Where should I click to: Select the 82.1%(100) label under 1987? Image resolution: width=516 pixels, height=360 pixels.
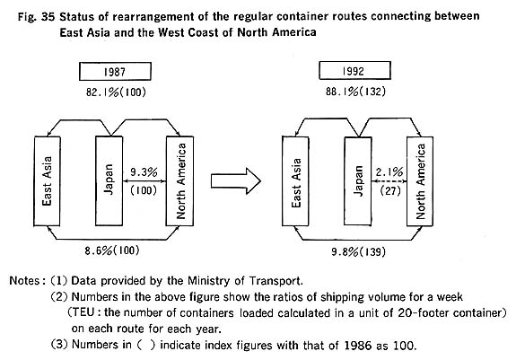coord(116,92)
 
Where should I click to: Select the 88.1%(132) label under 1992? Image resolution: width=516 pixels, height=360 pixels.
coord(355,92)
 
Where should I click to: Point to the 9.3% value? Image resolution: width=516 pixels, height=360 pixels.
coord(144,172)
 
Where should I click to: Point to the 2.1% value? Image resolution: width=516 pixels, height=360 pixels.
coord(389,171)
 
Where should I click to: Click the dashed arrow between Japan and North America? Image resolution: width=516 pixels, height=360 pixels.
coord(389,181)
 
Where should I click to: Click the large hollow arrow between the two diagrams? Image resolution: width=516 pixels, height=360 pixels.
coord(236,181)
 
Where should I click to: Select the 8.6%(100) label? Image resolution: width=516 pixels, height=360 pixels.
coord(112,250)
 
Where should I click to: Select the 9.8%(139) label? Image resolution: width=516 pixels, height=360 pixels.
coord(358,252)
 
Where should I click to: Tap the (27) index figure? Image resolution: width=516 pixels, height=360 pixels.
coord(390,191)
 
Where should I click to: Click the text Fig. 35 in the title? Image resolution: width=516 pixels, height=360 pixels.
coord(36,17)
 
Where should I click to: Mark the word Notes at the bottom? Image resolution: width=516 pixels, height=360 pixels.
coord(25,281)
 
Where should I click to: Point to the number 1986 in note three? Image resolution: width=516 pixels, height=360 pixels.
coord(359,346)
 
